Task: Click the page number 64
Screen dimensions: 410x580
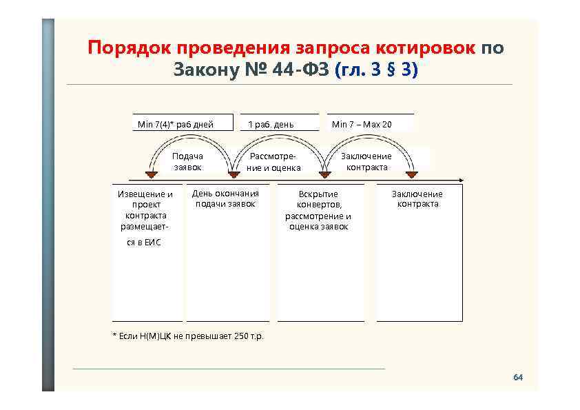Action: click(518, 378)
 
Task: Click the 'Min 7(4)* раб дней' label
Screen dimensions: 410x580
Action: click(175, 125)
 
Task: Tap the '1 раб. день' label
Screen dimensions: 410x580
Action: click(270, 125)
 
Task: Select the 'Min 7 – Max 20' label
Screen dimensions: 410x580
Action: click(362, 125)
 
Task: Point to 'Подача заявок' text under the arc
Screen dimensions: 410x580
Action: click(187, 162)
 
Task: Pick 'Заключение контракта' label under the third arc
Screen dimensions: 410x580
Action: click(366, 162)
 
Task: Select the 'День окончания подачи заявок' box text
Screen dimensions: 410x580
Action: click(225, 198)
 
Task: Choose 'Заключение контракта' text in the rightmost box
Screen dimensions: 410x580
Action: click(417, 198)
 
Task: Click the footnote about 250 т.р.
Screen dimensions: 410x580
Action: click(187, 336)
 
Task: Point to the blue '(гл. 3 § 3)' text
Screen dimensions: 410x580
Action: click(375, 70)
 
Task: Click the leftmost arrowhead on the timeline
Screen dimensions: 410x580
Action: click(147, 176)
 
